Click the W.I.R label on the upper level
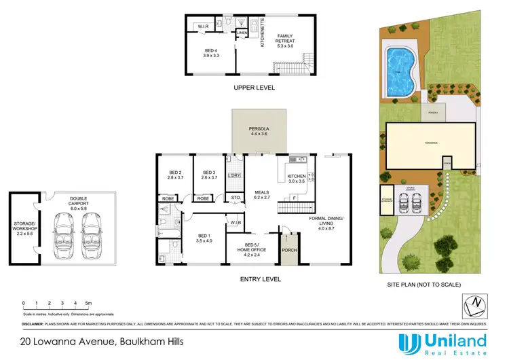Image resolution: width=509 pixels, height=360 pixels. [202, 26]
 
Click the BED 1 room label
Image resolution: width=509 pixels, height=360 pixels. [204, 237]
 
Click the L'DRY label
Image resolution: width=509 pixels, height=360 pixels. [235, 177]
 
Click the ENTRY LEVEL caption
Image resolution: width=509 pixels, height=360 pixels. [259, 278]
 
